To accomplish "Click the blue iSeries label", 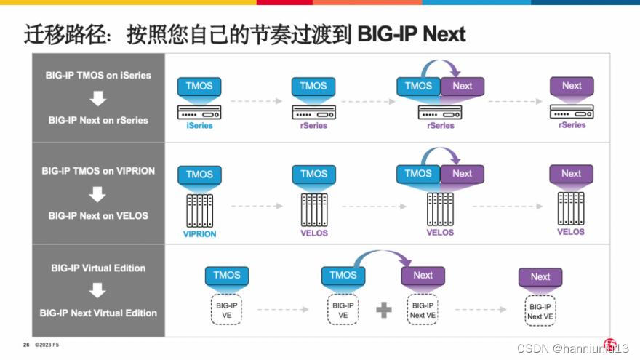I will pyautogui.click(x=199, y=126).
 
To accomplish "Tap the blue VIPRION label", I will pyautogui.click(x=200, y=234).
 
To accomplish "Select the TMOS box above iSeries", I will pyautogui.click(x=199, y=87).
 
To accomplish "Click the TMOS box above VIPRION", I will pyautogui.click(x=199, y=175).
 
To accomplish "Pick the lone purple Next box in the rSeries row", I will pyautogui.click(x=572, y=87).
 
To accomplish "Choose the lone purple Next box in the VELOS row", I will pyautogui.click(x=571, y=174).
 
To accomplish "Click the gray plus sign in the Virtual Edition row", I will pyautogui.click(x=383, y=310).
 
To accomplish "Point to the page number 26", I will pyautogui.click(x=26, y=345).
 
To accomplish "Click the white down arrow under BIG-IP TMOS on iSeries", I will pyautogui.click(x=97, y=98).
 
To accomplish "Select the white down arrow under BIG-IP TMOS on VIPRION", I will pyautogui.click(x=97, y=194).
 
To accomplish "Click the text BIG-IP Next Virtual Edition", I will pyautogui.click(x=98, y=313).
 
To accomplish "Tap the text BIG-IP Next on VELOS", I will pyautogui.click(x=98, y=215).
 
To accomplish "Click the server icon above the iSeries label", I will pyautogui.click(x=199, y=112).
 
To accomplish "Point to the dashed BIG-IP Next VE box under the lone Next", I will pyautogui.click(x=540, y=311).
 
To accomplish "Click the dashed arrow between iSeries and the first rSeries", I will pyautogui.click(x=256, y=101).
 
